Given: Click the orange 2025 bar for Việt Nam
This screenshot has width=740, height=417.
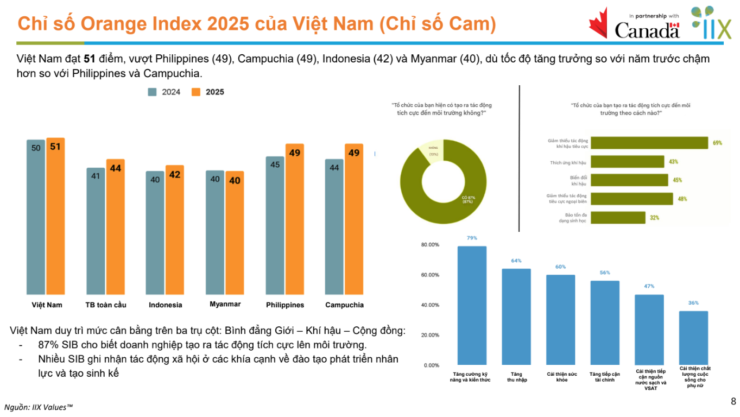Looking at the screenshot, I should [55, 217].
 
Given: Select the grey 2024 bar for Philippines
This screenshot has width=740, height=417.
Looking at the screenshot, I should [275, 225].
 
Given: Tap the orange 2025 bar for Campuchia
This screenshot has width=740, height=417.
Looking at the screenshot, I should [354, 220].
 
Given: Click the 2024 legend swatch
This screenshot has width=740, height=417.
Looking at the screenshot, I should [153, 92].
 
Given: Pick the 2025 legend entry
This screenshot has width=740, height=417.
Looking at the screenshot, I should [208, 92].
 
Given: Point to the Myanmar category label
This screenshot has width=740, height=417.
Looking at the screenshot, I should [225, 304].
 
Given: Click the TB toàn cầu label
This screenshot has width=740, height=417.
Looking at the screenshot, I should [106, 305].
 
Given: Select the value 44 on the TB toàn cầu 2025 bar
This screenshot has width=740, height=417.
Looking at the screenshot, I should [116, 168].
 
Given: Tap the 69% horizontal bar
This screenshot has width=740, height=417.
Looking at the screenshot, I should [649, 143].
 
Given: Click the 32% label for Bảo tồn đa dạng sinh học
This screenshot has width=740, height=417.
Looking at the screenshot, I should [654, 218].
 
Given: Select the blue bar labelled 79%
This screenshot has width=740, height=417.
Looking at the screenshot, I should [472, 305].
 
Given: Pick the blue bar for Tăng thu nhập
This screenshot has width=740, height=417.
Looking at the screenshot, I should [516, 317].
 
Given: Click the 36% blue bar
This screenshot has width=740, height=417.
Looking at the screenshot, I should [693, 338].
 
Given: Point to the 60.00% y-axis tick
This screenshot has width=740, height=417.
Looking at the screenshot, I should [430, 275].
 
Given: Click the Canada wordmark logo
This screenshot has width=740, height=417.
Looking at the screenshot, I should [647, 30].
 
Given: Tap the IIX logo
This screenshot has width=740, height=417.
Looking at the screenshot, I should [711, 24].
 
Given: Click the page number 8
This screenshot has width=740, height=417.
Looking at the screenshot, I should [733, 402].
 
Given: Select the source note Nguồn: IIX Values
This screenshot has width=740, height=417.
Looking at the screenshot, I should [39, 407].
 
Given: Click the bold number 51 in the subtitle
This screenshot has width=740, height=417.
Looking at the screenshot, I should [90, 59].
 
